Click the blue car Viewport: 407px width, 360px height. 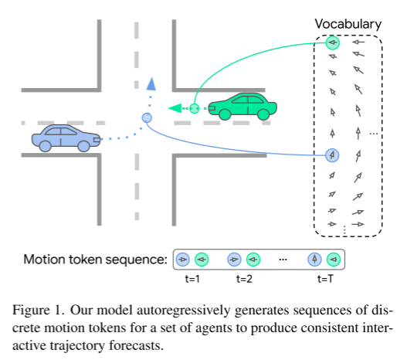tap(65, 137)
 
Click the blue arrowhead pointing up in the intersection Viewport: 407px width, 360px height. tap(151, 83)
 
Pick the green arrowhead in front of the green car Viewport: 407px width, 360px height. tap(174, 108)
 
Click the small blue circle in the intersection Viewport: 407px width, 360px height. tap(147, 117)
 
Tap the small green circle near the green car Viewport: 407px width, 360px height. tap(195, 108)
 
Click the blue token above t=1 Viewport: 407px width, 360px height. tap(183, 260)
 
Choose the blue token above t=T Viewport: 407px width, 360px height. tap(315, 260)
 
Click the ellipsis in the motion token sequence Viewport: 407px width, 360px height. tap(283, 260)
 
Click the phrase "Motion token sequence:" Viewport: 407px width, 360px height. tap(94, 260)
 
